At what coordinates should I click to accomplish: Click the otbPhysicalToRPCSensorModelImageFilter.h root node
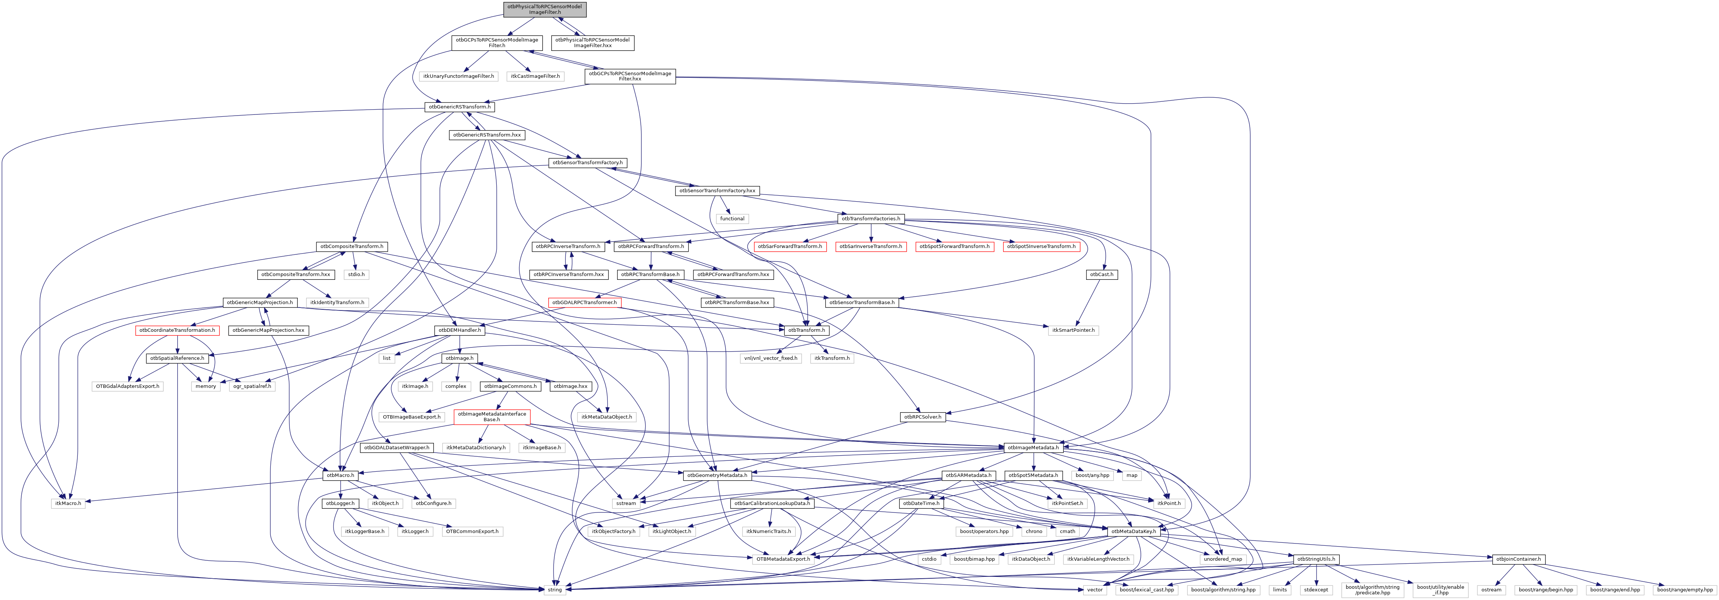coord(545,9)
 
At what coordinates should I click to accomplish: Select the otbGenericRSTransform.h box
coord(459,107)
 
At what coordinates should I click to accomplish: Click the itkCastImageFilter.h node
coord(535,76)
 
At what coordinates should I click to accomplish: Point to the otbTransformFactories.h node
coord(870,219)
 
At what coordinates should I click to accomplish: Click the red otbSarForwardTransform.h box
coord(790,246)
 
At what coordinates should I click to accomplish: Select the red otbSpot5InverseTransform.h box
coord(1041,246)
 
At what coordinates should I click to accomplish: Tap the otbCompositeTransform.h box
coord(351,246)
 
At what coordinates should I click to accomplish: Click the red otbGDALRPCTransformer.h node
coord(584,302)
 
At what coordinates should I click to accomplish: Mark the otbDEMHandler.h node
coord(459,330)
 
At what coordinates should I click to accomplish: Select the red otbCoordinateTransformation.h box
coord(177,330)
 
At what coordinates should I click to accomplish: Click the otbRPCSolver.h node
coord(922,417)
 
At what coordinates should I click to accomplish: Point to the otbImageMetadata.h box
coord(1034,448)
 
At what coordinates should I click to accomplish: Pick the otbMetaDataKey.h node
coord(1133,531)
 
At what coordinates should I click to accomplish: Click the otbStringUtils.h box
coord(1316,559)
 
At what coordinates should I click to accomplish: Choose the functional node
coord(732,219)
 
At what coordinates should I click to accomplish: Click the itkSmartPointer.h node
coord(1073,330)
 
